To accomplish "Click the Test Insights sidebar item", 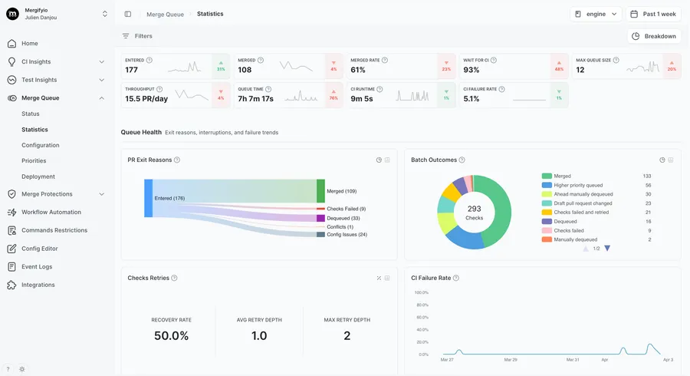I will pos(39,80).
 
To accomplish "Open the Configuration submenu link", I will pos(41,145).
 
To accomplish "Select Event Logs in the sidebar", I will pos(37,267).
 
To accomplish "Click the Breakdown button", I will pos(653,36).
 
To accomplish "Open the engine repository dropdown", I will pos(595,14).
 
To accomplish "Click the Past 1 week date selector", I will pos(653,14).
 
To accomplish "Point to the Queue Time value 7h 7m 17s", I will pos(256,98).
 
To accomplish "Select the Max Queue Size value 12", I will pos(580,71).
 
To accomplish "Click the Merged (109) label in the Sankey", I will pos(340,191).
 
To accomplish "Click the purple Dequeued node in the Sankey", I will pos(320,218).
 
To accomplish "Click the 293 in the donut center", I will pos(474,209).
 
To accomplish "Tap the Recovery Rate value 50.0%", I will pos(172,335).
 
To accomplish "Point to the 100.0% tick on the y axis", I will pos(421,292).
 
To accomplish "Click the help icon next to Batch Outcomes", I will pos(462,160).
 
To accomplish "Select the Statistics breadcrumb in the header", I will pos(210,14).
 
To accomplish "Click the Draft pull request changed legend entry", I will pos(582,203).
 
